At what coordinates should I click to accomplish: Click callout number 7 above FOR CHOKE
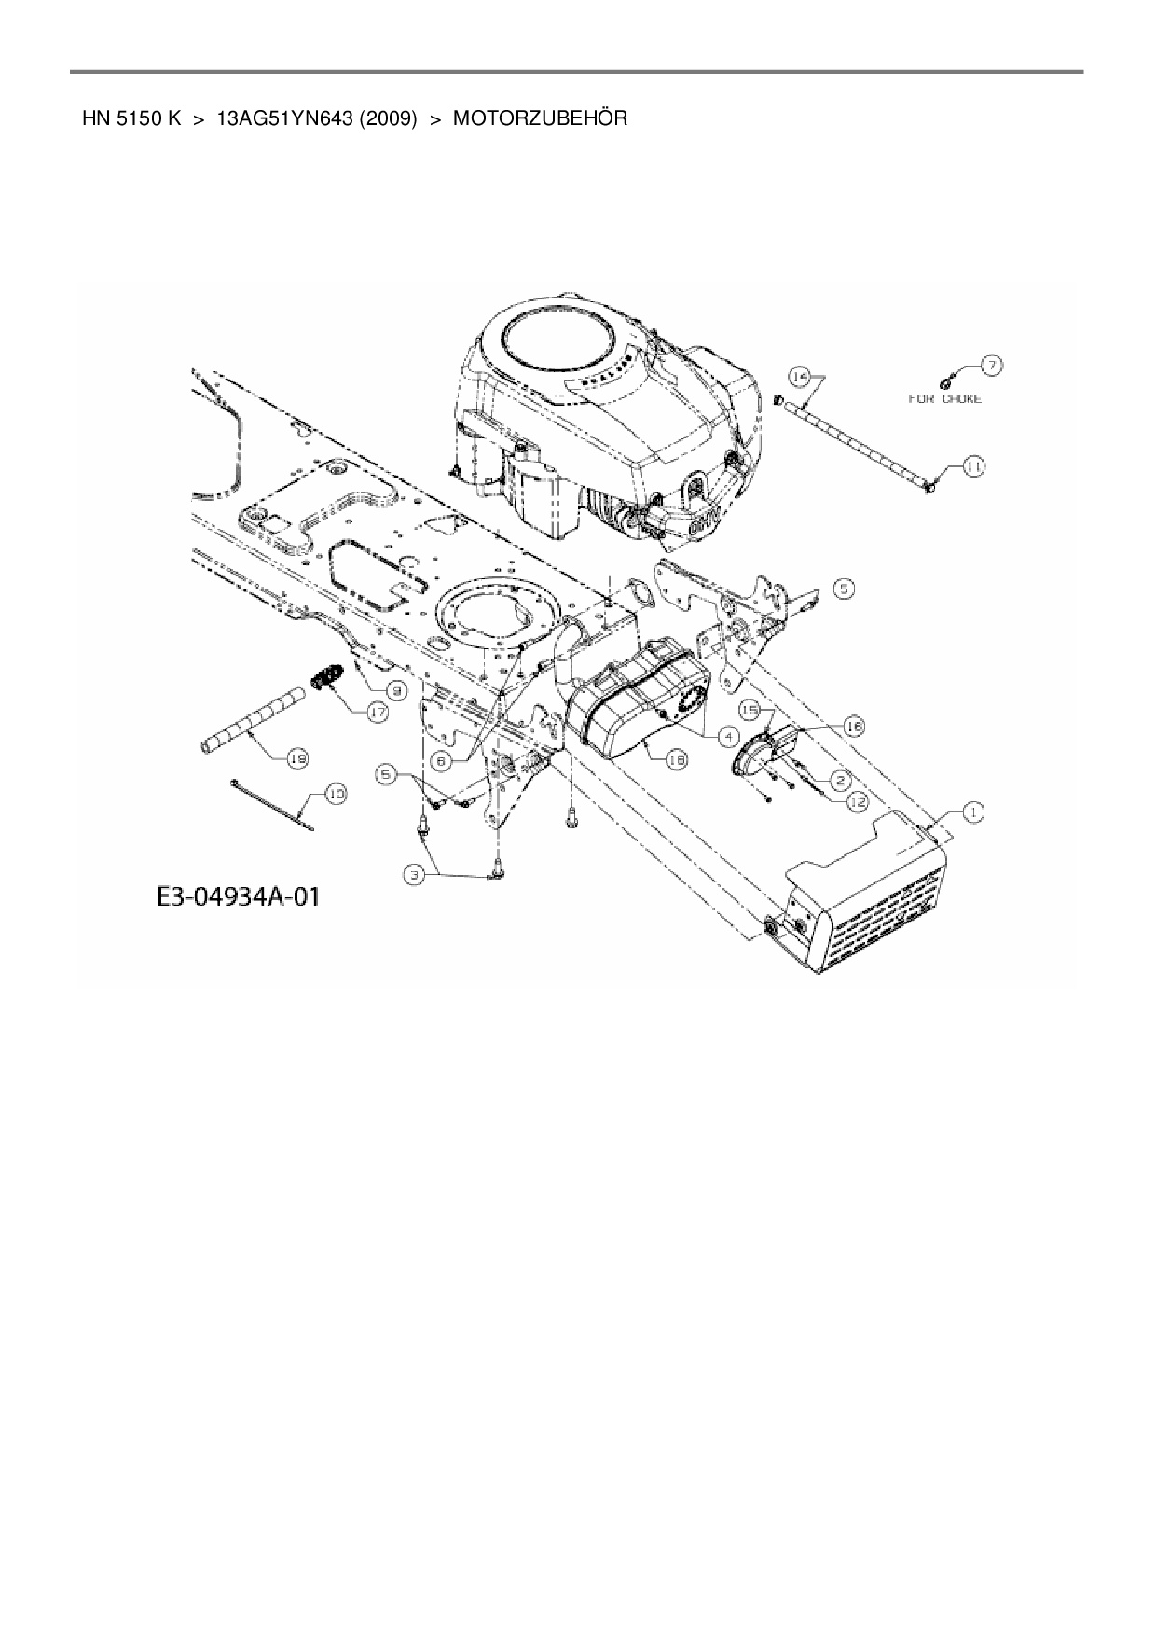(991, 366)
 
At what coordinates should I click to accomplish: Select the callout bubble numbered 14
(799, 376)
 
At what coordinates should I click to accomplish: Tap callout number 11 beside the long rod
(972, 466)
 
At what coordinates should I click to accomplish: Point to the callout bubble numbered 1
(972, 813)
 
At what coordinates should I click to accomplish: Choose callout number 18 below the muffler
(678, 760)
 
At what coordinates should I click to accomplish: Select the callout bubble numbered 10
(334, 794)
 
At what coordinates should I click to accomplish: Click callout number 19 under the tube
(297, 759)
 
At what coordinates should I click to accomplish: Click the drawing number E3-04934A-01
(237, 897)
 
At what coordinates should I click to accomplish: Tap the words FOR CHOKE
(944, 398)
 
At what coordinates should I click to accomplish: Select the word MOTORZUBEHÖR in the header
(540, 118)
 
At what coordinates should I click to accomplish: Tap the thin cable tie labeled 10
(270, 803)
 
